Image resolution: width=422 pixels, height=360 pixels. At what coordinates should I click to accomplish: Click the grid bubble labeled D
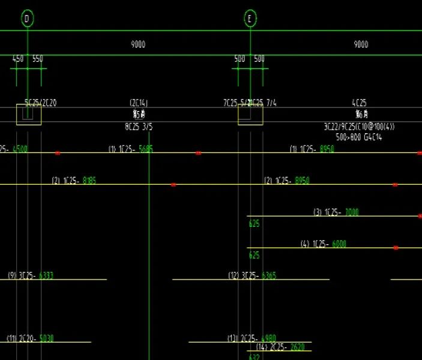click(x=27, y=19)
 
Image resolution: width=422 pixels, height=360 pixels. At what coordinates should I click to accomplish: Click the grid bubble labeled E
click(x=250, y=19)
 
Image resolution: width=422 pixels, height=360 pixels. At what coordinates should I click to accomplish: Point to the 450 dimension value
click(x=18, y=59)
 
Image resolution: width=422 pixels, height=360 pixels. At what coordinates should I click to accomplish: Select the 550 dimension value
click(x=37, y=59)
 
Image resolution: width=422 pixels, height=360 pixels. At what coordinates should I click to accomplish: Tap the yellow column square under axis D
click(x=29, y=114)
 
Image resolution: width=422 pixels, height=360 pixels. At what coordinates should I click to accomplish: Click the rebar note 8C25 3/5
click(x=139, y=127)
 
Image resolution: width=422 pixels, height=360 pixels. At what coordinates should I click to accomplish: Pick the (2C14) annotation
click(x=139, y=103)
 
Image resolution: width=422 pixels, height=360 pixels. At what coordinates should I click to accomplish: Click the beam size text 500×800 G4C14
click(x=359, y=137)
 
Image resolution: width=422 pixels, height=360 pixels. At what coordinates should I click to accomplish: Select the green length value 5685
click(x=146, y=149)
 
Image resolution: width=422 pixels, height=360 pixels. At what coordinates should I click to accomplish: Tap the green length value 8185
click(x=89, y=180)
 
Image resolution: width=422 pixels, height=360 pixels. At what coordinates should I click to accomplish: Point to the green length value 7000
click(x=352, y=212)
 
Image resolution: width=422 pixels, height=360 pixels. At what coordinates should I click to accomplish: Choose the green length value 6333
click(x=46, y=275)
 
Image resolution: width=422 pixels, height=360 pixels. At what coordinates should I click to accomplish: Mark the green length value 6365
click(x=269, y=275)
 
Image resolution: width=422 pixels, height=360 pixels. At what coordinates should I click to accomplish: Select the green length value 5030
click(x=46, y=338)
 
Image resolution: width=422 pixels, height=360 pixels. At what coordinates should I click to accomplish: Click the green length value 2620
click(x=297, y=347)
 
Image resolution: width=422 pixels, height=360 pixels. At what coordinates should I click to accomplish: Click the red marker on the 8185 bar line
click(x=173, y=185)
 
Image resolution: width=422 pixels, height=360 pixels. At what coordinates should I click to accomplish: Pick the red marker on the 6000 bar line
click(x=396, y=248)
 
